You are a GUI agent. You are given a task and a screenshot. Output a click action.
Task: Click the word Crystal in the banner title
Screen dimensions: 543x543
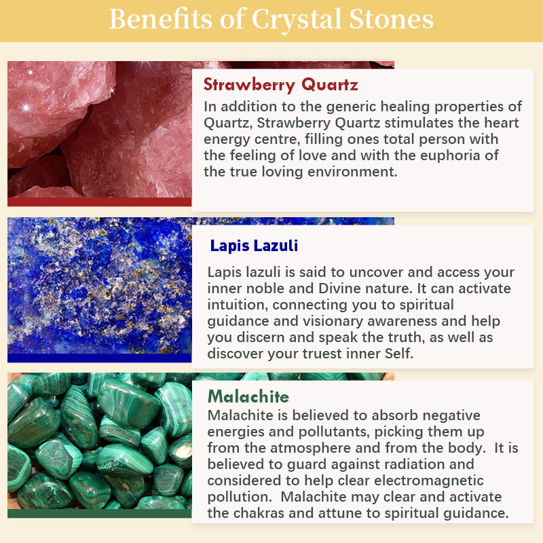pos(297,20)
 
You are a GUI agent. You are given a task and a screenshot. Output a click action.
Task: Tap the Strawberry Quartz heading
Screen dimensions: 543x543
pos(281,84)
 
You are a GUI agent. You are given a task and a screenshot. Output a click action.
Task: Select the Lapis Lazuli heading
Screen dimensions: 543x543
pos(254,246)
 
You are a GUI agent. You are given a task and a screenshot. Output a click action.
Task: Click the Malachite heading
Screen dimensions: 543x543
pos(248,396)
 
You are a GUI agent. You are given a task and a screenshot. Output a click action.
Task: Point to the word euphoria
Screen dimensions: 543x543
pos(450,156)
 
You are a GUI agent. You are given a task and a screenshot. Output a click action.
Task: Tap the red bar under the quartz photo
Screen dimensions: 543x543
pos(99,202)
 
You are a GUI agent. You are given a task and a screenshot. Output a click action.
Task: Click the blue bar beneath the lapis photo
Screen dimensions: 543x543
pos(99,358)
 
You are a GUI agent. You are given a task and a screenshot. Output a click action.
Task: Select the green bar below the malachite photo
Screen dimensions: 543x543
pos(99,514)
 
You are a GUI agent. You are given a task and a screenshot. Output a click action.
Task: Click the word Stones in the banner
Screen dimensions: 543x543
pos(391,19)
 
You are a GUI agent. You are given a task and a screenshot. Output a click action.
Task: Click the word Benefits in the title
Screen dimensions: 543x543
pos(160,19)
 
